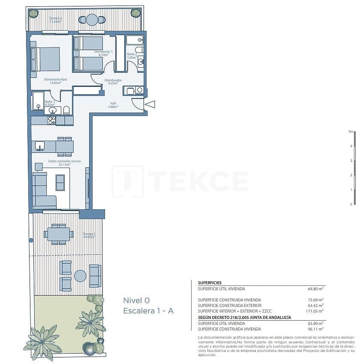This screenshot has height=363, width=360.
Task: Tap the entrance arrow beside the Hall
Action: coord(150,104)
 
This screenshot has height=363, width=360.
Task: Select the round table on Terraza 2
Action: coord(92,20)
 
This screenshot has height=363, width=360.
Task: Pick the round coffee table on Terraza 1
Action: coord(80,276)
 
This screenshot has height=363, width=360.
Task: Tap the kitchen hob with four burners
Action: coord(52,121)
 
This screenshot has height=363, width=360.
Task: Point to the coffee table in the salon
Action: coord(60,182)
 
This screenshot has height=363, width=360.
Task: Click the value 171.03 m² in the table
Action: coord(315,311)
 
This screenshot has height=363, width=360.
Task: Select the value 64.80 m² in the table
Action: coord(316,289)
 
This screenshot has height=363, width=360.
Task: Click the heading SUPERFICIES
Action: coord(210,283)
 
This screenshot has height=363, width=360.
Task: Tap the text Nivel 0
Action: coord(136,300)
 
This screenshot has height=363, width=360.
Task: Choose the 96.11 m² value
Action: coord(316,329)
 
